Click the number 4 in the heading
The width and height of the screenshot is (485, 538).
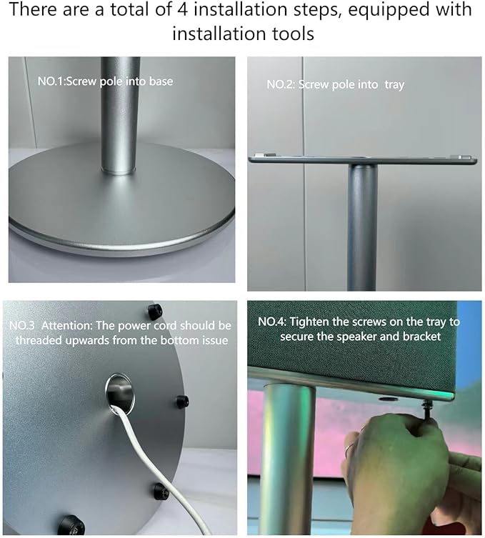(182, 10)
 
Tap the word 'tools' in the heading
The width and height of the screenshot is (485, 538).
(294, 34)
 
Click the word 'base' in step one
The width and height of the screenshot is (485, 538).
(161, 81)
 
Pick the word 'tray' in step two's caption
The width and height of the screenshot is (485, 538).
(394, 85)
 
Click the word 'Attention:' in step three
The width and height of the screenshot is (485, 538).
(66, 325)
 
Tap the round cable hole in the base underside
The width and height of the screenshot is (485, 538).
(120, 392)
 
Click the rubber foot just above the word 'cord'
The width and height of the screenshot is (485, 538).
(154, 312)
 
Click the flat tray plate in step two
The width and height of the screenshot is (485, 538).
(362, 160)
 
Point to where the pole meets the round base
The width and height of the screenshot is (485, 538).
(119, 170)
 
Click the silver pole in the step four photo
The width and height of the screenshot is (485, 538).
(290, 457)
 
